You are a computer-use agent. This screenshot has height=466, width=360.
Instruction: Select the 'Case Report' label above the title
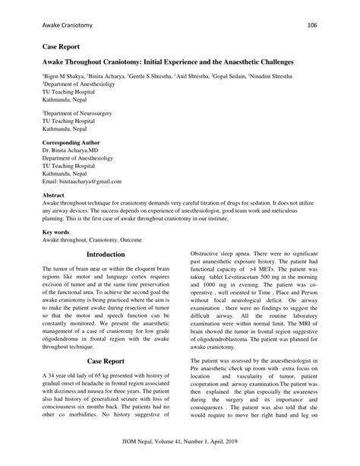62,47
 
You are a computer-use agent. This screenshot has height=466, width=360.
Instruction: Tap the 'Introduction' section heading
106,254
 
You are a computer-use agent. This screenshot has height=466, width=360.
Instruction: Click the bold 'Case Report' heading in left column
106,360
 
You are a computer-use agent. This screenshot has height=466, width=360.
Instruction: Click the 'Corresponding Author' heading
74,143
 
